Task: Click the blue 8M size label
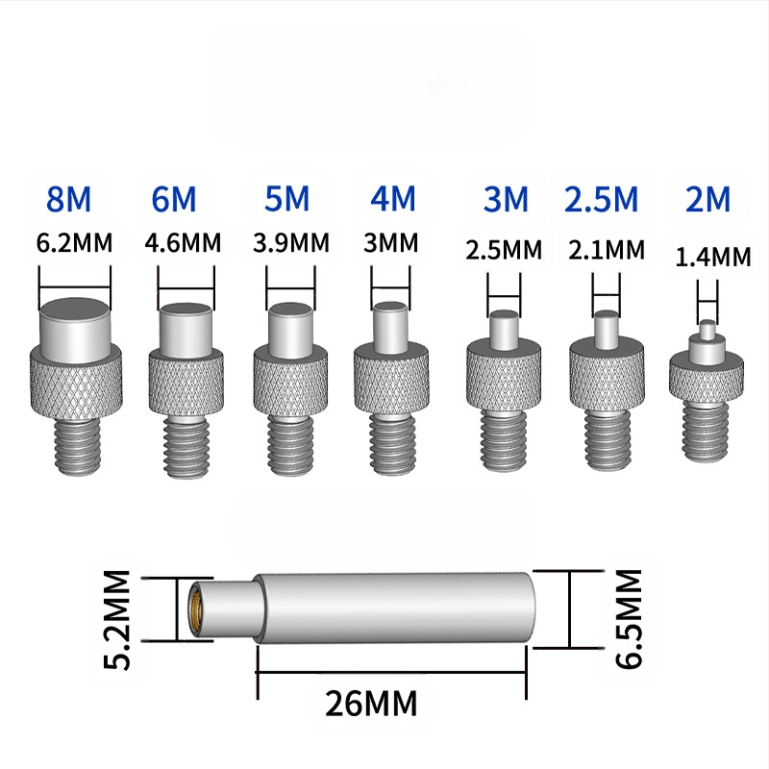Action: (x=68, y=199)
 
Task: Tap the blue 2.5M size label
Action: (x=602, y=199)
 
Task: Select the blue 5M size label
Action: (x=286, y=199)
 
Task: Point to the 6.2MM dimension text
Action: (x=75, y=243)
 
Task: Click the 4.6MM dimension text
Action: (x=183, y=243)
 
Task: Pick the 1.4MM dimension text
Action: (x=713, y=257)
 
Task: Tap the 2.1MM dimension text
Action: (x=607, y=250)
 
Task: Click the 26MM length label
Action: (x=371, y=703)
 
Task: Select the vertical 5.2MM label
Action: (x=117, y=619)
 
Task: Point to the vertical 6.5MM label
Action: (x=629, y=618)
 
